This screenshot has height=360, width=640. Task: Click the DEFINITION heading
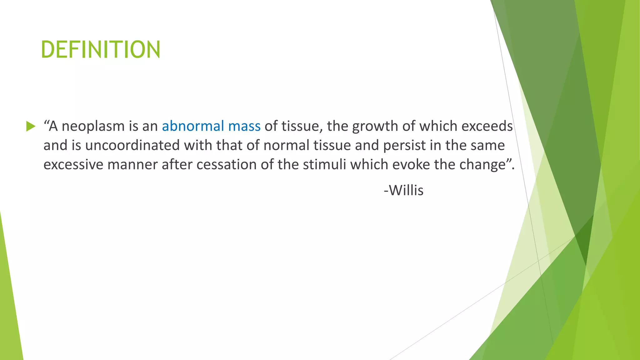pos(101,49)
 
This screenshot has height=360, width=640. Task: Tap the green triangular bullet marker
pos(31,126)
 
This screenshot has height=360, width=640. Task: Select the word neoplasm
pos(93,127)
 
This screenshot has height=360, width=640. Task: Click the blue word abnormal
pos(193,126)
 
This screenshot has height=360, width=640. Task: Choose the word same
pos(490,146)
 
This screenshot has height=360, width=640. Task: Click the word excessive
pos(73,165)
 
